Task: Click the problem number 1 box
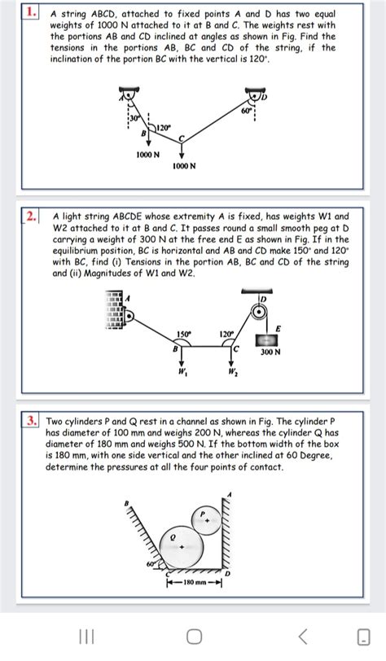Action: point(31,14)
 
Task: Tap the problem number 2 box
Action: point(32,217)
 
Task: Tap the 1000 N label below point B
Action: point(147,154)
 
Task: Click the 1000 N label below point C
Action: point(182,166)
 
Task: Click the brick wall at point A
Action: point(113,313)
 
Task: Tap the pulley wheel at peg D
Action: point(259,314)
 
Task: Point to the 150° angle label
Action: point(186,333)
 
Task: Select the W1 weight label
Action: point(182,375)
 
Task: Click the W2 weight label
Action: point(233,375)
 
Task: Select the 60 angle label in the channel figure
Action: point(151,561)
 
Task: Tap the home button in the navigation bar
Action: point(193,635)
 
